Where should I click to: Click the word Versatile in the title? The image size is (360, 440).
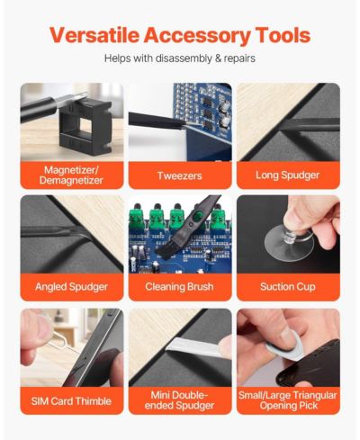click(94, 35)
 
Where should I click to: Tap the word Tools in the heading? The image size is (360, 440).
click(283, 35)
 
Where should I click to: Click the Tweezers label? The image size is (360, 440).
click(180, 175)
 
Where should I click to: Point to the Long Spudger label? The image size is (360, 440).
click(288, 175)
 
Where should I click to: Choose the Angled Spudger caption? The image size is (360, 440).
click(71, 287)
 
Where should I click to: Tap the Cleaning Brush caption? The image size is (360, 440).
click(179, 287)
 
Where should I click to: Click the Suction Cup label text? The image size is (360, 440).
click(288, 287)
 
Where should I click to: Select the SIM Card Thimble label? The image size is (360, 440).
click(71, 401)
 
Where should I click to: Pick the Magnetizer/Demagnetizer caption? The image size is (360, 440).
click(71, 175)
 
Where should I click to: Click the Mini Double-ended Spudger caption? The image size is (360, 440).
click(179, 400)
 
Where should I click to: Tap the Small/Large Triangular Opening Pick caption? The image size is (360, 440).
click(288, 400)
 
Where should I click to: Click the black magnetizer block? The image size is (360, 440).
click(85, 128)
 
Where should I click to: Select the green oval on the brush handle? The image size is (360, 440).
click(196, 216)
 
